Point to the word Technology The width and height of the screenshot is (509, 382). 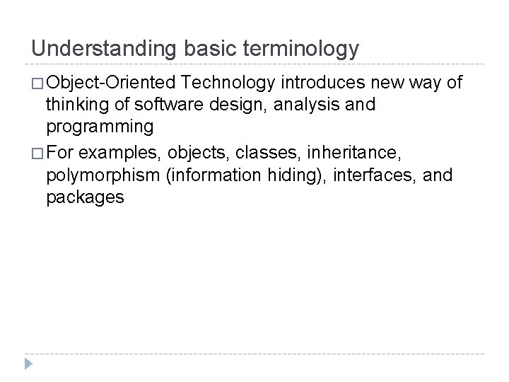point(229,83)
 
